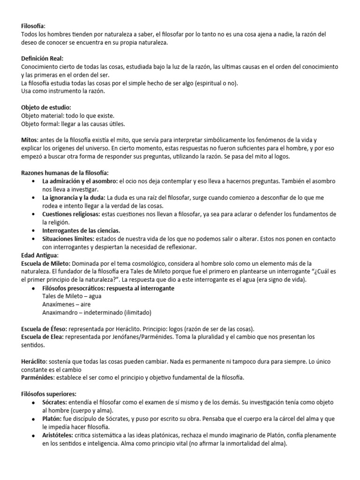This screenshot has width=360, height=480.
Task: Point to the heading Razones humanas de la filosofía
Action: [x=65, y=173]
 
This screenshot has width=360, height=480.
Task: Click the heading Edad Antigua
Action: [x=40, y=255]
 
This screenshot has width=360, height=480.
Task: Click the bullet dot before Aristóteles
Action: [x=32, y=435]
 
